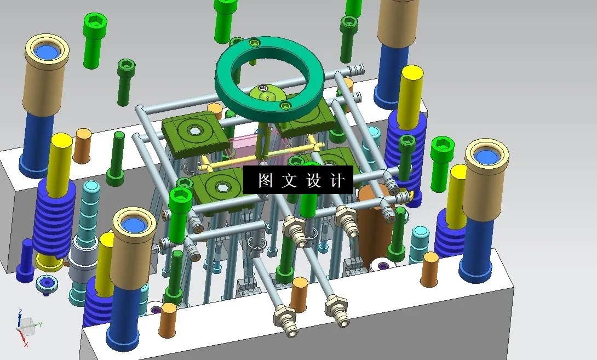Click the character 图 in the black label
coord(265,181)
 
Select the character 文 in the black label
coord(289,181)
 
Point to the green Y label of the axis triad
coord(40,325)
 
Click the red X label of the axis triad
coord(25,344)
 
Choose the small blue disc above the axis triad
coord(47,284)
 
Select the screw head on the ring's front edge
coord(284,105)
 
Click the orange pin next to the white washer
coord(429,268)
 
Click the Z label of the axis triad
coord(20,312)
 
